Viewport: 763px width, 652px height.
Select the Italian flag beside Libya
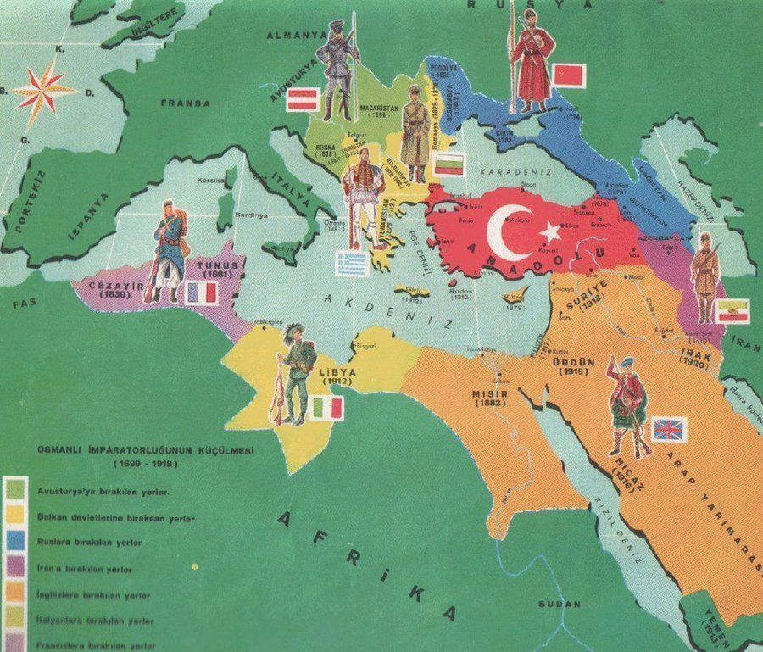(x=326, y=408)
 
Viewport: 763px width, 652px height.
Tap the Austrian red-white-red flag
(x=304, y=99)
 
